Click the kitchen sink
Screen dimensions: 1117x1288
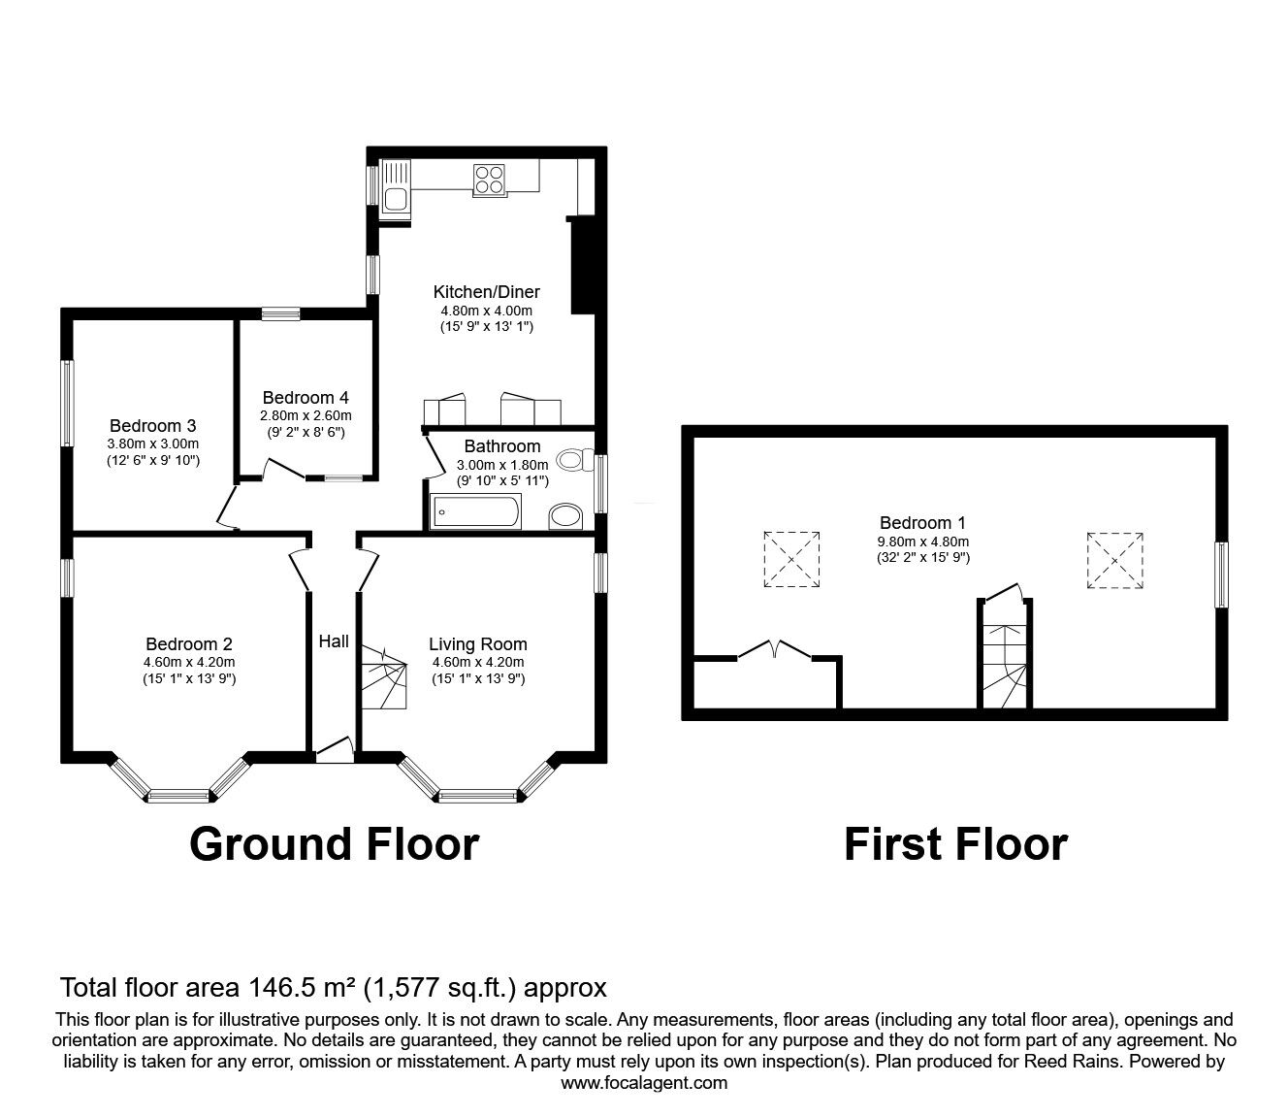point(396,186)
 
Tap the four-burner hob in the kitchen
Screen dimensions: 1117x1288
point(490,180)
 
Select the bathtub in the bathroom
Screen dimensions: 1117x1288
point(476,510)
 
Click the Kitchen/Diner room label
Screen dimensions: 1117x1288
point(486,291)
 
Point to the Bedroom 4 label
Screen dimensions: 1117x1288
point(306,398)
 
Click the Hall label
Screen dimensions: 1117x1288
point(334,641)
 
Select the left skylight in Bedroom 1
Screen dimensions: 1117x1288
point(791,559)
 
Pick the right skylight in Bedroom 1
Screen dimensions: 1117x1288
point(1114,559)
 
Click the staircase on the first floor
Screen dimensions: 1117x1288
point(1003,655)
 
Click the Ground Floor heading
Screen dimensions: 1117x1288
point(334,844)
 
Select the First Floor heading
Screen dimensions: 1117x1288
point(955,844)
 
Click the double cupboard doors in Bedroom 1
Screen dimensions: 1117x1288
point(775,650)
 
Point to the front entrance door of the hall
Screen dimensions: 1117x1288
point(335,748)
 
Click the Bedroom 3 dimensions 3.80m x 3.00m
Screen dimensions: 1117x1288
point(153,444)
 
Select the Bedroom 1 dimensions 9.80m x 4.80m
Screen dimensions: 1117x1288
point(922,542)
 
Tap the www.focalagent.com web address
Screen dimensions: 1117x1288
point(644,1083)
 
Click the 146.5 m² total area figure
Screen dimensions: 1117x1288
point(299,988)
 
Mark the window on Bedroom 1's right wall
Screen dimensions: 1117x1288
point(1221,575)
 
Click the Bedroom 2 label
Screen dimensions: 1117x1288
point(189,643)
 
